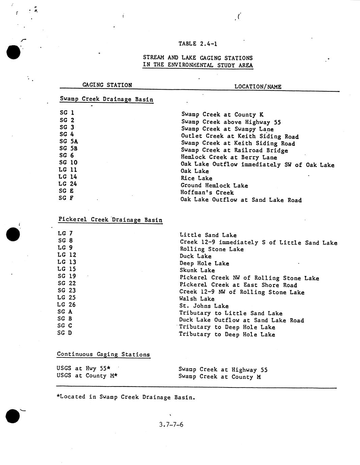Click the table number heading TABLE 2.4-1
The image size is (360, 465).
pyautogui.click(x=198, y=44)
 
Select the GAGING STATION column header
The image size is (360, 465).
pyautogui.click(x=107, y=85)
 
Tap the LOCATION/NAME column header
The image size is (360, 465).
pyautogui.click(x=258, y=87)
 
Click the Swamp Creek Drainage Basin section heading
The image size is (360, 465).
pyautogui.click(x=107, y=99)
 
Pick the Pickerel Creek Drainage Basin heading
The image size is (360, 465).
pyautogui.click(x=110, y=220)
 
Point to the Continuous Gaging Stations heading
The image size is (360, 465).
pyautogui.click(x=103, y=354)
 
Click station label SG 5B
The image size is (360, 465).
pyautogui.click(x=69, y=148)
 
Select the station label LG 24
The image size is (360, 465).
pyautogui.click(x=67, y=184)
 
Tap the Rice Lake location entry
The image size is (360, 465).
pyautogui.click(x=196, y=178)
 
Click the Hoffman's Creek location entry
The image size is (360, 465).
pyautogui.click(x=207, y=192)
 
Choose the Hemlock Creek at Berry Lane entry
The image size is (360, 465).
pyautogui.click(x=229, y=157)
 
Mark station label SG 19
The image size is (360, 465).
pyautogui.click(x=67, y=276)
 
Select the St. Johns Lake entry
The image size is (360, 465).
pyautogui.click(x=204, y=306)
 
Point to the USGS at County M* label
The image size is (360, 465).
pyautogui.click(x=87, y=375)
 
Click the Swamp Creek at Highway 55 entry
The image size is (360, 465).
pyautogui.click(x=223, y=370)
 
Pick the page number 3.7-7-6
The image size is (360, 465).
pyautogui.click(x=171, y=424)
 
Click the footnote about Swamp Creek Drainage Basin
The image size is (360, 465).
pyautogui.click(x=126, y=397)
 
